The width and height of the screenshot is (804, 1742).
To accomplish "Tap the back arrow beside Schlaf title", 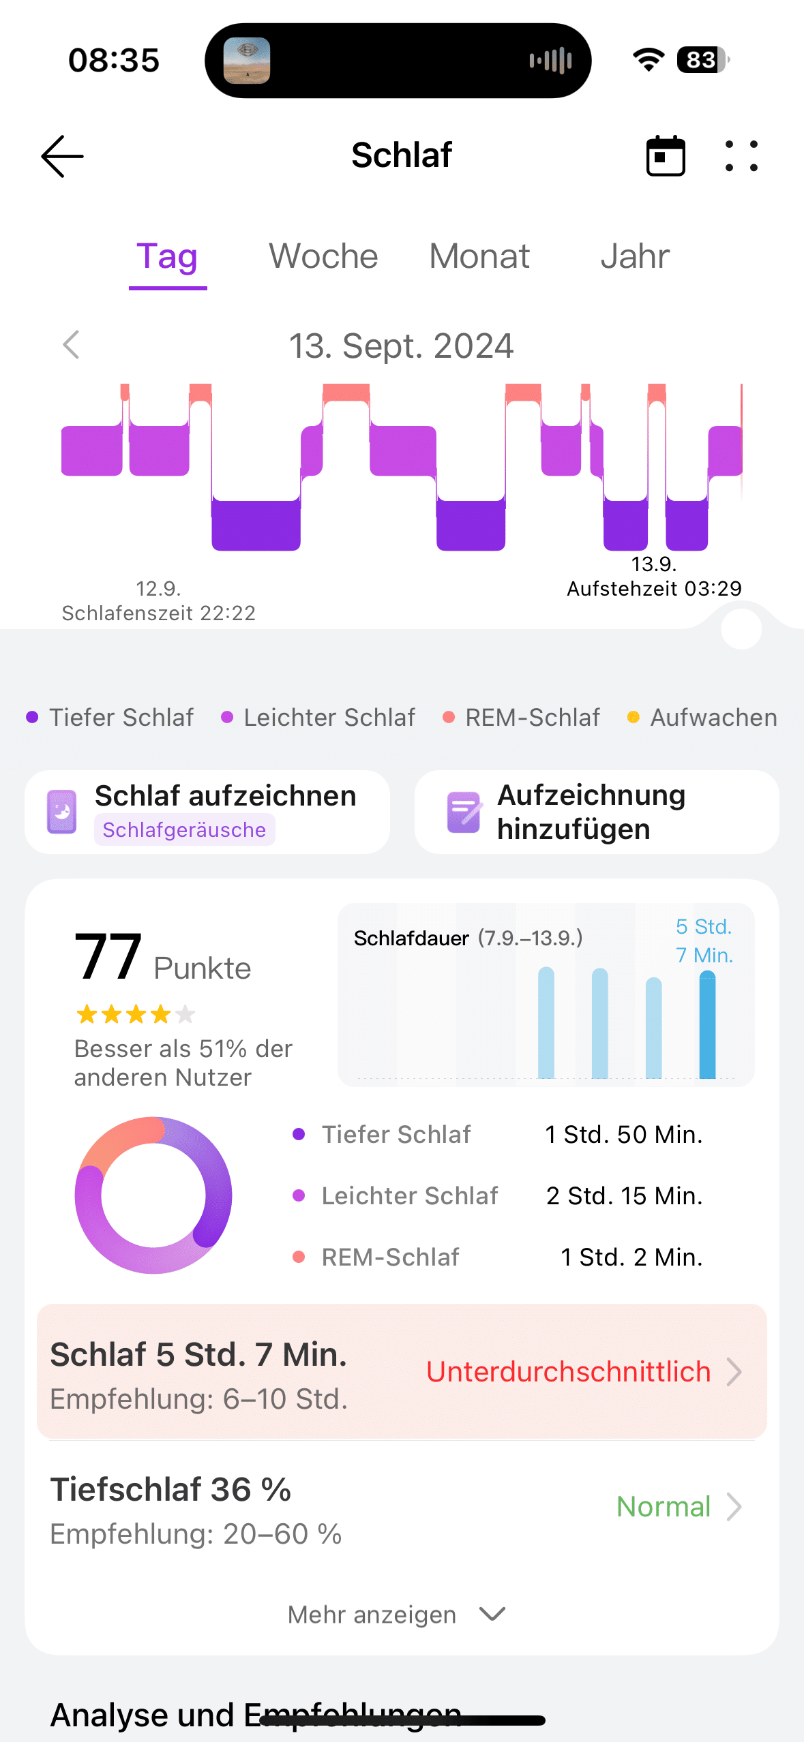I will pyautogui.click(x=63, y=156).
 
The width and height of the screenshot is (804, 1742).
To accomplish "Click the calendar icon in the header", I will pyautogui.click(x=666, y=156).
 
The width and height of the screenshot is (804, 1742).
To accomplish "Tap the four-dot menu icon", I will pyautogui.click(x=741, y=156).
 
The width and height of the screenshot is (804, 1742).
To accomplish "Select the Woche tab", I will pyautogui.click(x=323, y=257).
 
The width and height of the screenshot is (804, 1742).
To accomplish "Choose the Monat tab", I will pyautogui.click(x=479, y=257).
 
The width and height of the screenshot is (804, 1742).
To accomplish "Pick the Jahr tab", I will pyautogui.click(x=635, y=257).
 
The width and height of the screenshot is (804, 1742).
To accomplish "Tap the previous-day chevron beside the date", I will pyautogui.click(x=72, y=345).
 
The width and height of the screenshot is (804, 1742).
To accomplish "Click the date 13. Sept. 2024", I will pyautogui.click(x=401, y=346).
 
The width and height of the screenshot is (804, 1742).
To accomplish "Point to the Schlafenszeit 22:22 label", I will pyautogui.click(x=159, y=613).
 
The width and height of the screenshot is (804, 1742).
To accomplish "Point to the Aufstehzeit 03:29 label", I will pyautogui.click(x=654, y=588).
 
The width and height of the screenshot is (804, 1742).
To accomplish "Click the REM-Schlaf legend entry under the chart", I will pyautogui.click(x=522, y=718).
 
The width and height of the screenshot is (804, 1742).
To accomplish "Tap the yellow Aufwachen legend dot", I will pyautogui.click(x=634, y=718).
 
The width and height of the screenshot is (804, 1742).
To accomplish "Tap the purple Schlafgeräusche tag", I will pyautogui.click(x=184, y=829).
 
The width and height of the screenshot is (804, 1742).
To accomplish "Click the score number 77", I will pyautogui.click(x=108, y=957).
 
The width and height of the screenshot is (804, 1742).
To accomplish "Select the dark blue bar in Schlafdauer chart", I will pyautogui.click(x=707, y=1026).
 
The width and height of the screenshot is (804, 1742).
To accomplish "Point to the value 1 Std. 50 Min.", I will pyautogui.click(x=623, y=1135).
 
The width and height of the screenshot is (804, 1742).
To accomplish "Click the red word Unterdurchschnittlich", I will pyautogui.click(x=568, y=1372).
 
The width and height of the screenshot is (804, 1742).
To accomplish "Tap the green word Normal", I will pyautogui.click(x=664, y=1507).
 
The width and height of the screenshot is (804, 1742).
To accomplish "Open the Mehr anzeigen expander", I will pyautogui.click(x=396, y=1615).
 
